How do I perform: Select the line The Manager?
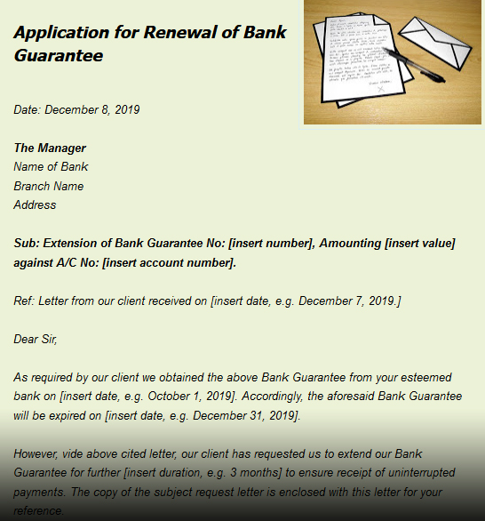click(50, 148)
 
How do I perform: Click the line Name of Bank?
click(51, 166)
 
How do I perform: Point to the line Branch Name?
click(48, 186)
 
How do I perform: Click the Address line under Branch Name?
click(35, 204)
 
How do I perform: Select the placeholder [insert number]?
click(271, 243)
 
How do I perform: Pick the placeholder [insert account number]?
click(169, 262)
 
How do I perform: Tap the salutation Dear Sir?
click(35, 339)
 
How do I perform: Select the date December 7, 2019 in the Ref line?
click(347, 301)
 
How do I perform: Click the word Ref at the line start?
click(24, 301)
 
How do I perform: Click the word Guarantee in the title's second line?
click(59, 55)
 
